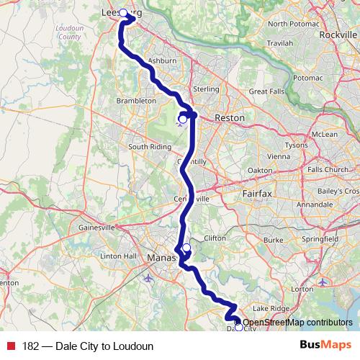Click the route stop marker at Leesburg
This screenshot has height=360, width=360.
click(123, 13)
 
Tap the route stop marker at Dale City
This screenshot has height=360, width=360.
click(238, 328)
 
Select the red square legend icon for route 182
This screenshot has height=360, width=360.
click(9, 346)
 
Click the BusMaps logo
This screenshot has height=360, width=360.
click(325, 346)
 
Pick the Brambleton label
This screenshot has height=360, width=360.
click(135, 102)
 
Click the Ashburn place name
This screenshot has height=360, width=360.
click(161, 61)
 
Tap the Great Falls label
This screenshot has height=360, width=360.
click(268, 92)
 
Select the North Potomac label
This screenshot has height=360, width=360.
click(292, 24)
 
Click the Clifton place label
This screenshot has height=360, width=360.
click(215, 237)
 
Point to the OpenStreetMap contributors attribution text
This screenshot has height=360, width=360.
click(298, 323)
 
